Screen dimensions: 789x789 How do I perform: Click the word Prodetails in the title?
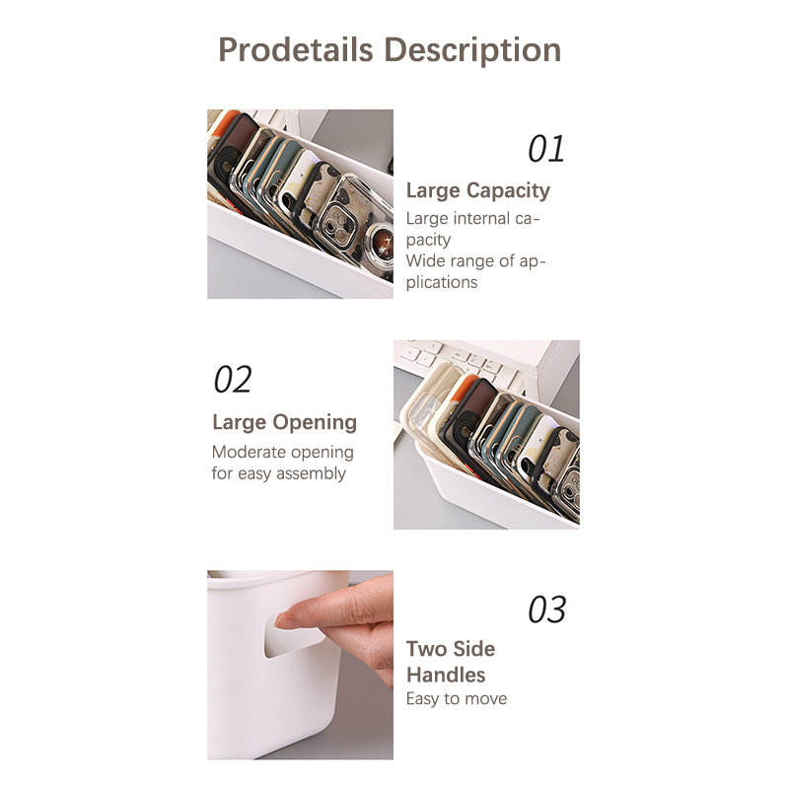coord(295,50)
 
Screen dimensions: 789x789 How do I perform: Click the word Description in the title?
coord(472,51)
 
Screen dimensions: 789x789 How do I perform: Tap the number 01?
coord(546,149)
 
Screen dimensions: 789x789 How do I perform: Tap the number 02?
coord(233,380)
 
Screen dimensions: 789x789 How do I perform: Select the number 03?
coord(547,610)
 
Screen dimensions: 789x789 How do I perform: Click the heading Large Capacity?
coord(478,190)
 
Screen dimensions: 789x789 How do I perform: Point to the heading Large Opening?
coord(284,422)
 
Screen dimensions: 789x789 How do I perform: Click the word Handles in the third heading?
coord(446,675)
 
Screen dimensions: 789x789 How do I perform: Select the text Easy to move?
coord(457,699)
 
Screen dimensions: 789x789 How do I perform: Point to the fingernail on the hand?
coord(287,620)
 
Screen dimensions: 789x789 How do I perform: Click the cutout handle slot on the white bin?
coord(294,635)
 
